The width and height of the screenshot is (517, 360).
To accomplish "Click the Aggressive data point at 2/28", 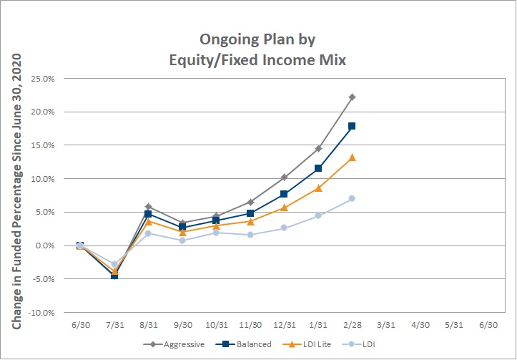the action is pyautogui.click(x=352, y=97).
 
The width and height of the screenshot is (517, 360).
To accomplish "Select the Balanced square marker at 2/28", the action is pyautogui.click(x=352, y=126).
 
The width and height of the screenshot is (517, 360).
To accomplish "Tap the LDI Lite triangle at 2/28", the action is pyautogui.click(x=352, y=157).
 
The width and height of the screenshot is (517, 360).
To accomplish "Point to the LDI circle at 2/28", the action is pyautogui.click(x=352, y=198).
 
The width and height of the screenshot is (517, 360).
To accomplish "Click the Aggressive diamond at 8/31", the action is pyautogui.click(x=148, y=207).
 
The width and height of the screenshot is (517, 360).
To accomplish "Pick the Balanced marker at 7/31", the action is pyautogui.click(x=114, y=276).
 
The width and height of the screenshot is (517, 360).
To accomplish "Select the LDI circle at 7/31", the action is pyautogui.click(x=114, y=264).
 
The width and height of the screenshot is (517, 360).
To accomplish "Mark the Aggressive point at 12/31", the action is pyautogui.click(x=284, y=177).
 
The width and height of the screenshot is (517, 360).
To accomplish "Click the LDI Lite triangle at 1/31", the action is pyautogui.click(x=318, y=188).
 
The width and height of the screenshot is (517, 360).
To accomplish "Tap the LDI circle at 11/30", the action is pyautogui.click(x=250, y=235).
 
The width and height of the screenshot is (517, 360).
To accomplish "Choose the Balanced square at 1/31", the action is pyautogui.click(x=318, y=168).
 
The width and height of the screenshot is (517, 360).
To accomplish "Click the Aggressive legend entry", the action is pyautogui.click(x=174, y=344).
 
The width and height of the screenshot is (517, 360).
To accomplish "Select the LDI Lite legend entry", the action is pyautogui.click(x=307, y=344).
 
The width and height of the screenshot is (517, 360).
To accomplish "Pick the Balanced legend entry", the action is pyautogui.click(x=243, y=344).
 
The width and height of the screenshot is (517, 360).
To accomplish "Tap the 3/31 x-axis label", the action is pyautogui.click(x=386, y=325).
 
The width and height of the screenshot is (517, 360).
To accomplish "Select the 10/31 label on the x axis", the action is pyautogui.click(x=216, y=325).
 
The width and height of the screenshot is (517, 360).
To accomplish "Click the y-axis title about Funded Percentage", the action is pyautogui.click(x=16, y=191).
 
